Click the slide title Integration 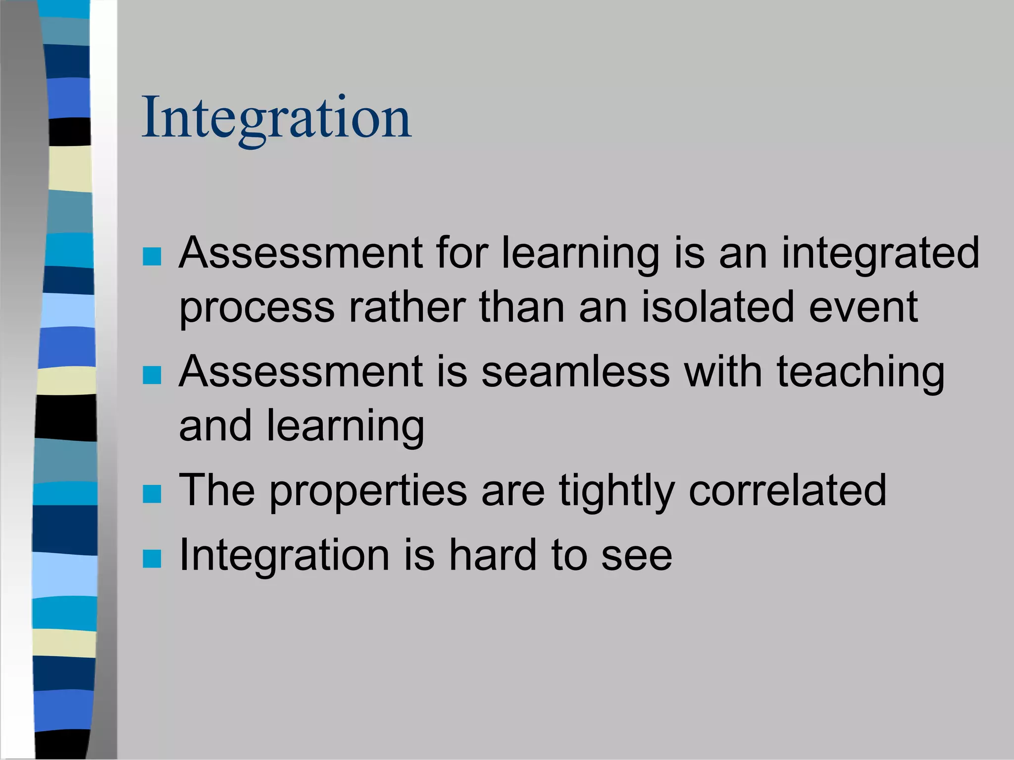276,119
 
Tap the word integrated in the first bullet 880,253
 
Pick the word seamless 575,372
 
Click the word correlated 787,490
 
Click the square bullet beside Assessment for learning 152,257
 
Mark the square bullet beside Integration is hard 152,559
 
